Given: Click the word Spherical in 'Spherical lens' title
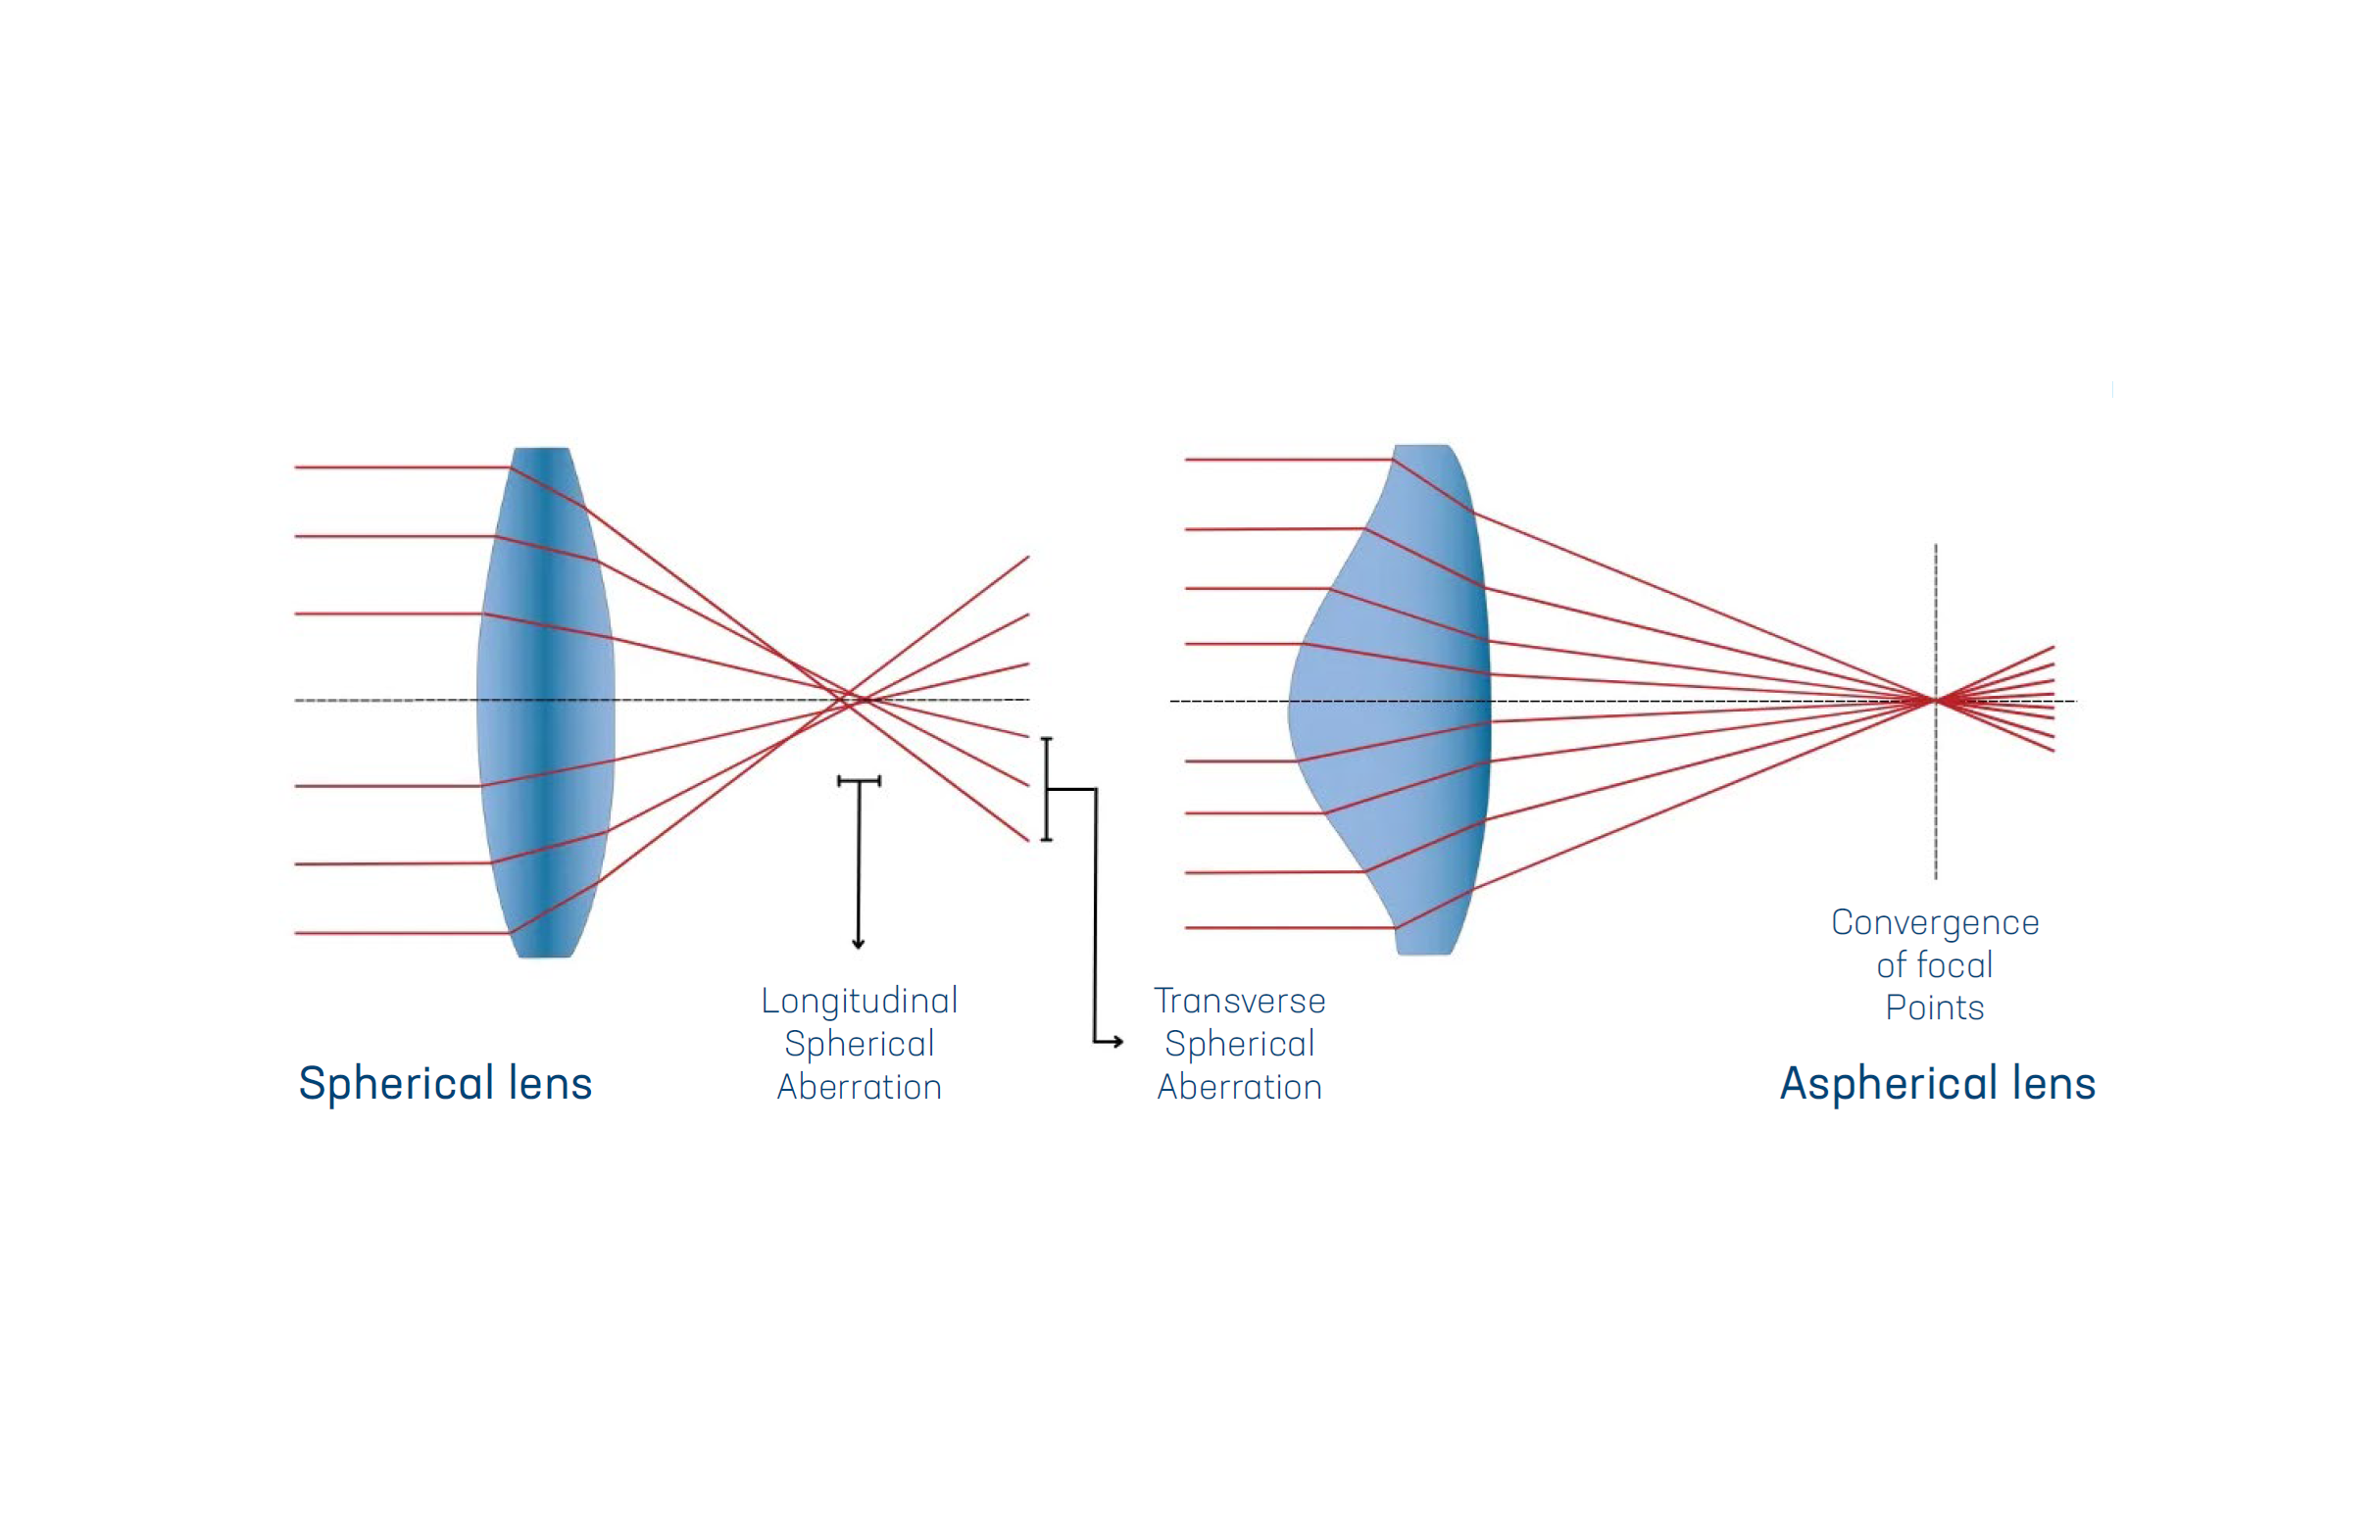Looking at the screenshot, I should pos(396,1084).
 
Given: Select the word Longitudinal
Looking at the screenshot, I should pos(859,1001).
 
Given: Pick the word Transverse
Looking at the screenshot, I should pos(1238,1001).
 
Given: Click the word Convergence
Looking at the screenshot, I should pos(1934,922).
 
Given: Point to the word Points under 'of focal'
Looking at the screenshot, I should pos(1934,1007).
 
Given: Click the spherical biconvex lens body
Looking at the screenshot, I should pos(545,702).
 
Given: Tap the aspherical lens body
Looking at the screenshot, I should pos(1405,702).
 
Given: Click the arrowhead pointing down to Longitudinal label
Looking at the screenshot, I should pos(858,944).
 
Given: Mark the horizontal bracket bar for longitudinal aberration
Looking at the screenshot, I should pos(859,781).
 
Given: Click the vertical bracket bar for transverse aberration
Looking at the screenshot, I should pos(1047,789).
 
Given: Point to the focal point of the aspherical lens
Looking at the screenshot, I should pos(1935,700).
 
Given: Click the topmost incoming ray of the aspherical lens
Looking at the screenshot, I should pos(1286,460).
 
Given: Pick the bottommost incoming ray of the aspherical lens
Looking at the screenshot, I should pos(1286,928).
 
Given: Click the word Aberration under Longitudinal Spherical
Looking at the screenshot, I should pos(859,1088).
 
